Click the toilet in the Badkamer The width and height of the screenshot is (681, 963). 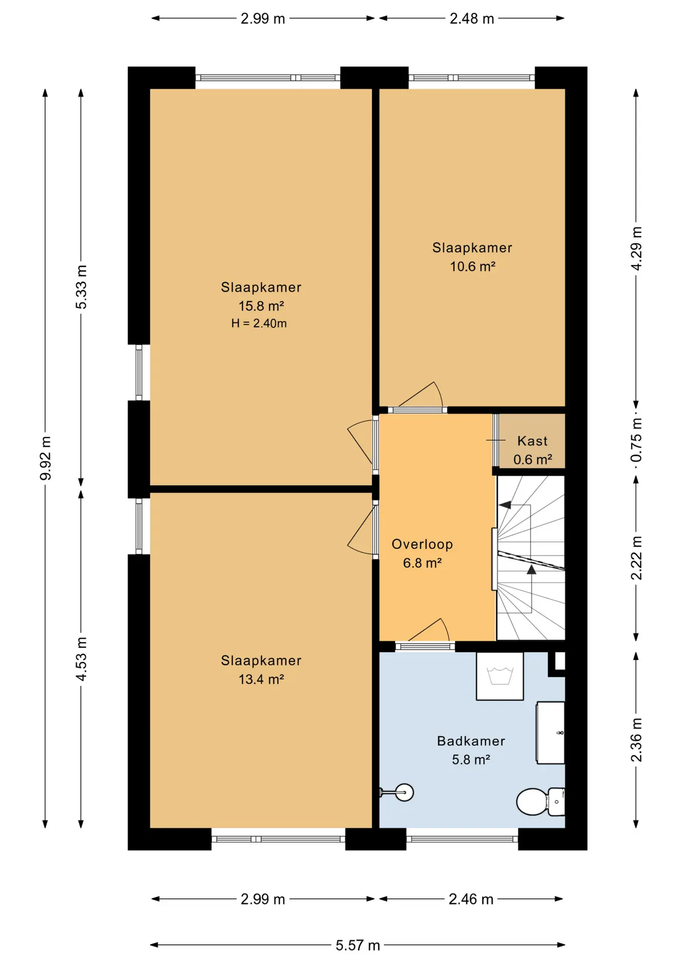tap(541, 801)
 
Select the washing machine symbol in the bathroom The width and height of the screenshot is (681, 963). tap(499, 676)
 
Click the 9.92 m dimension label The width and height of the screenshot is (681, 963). tap(46, 458)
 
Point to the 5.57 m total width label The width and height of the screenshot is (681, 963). tap(358, 945)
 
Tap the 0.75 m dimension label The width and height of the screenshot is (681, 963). tap(636, 440)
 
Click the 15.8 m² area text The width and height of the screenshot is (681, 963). tap(261, 306)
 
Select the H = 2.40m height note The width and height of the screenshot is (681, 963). tap(259, 324)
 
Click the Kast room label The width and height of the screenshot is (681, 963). tap(533, 441)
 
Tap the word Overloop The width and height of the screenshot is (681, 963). tap(422, 544)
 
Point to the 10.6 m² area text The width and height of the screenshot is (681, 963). tap(472, 266)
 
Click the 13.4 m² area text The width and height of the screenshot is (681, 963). tap(261, 679)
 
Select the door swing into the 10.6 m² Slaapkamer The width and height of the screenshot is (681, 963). tap(421, 394)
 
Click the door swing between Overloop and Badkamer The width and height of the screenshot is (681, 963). tap(429, 629)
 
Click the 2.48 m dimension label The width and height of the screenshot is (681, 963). tap(472, 19)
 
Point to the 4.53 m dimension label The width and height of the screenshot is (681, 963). tap(81, 659)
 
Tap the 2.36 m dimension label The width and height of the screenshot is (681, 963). tap(636, 740)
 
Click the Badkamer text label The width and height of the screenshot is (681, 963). tap(471, 741)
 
